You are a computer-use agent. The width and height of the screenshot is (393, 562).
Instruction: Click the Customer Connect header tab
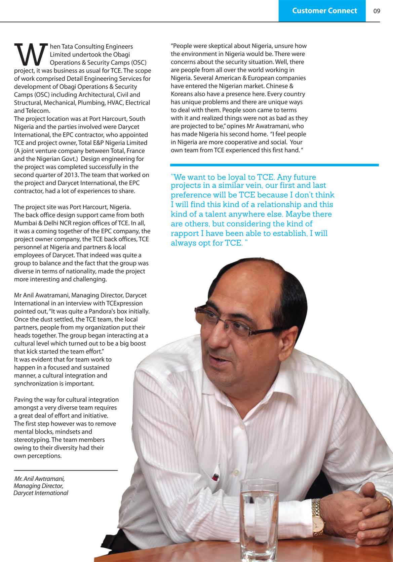[324, 11]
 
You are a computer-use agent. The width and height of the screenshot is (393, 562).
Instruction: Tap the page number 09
[377, 11]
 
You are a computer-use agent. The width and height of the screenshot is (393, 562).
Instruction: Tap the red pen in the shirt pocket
[215, 477]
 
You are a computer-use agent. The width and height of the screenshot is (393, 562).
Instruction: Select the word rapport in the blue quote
[187, 233]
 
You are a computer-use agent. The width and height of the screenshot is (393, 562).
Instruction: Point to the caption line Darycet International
[41, 493]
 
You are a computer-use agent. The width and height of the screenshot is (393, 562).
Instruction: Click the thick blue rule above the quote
[274, 165]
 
